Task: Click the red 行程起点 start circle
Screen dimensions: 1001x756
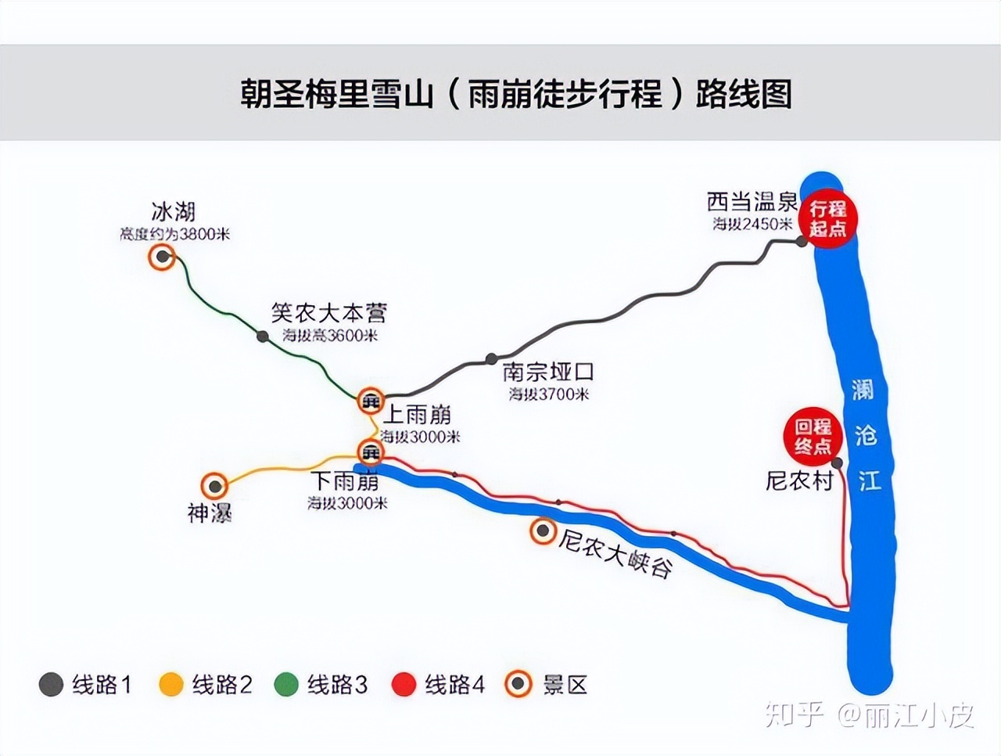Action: click(827, 219)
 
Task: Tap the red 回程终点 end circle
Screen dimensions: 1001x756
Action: click(813, 437)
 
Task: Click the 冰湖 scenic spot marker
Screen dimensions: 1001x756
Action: click(162, 257)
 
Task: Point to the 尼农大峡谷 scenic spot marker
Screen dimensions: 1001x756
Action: click(541, 531)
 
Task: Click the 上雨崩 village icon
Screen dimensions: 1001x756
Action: click(370, 401)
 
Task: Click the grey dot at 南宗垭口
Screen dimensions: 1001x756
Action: click(490, 358)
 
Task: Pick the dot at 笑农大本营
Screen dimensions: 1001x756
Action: click(263, 337)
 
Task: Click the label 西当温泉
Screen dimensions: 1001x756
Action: click(752, 202)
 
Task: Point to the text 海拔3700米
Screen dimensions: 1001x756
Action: click(549, 394)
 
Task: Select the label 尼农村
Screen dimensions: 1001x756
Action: click(799, 481)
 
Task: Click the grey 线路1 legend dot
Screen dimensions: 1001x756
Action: click(51, 685)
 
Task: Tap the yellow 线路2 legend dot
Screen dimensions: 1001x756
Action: click(171, 685)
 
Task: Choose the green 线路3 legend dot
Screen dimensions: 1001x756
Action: click(286, 685)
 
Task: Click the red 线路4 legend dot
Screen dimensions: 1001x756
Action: click(404, 685)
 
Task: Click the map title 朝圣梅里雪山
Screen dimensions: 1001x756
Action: click(336, 94)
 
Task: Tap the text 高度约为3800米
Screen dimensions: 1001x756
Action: click(174, 234)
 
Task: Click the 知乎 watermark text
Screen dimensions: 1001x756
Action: click(795, 713)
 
